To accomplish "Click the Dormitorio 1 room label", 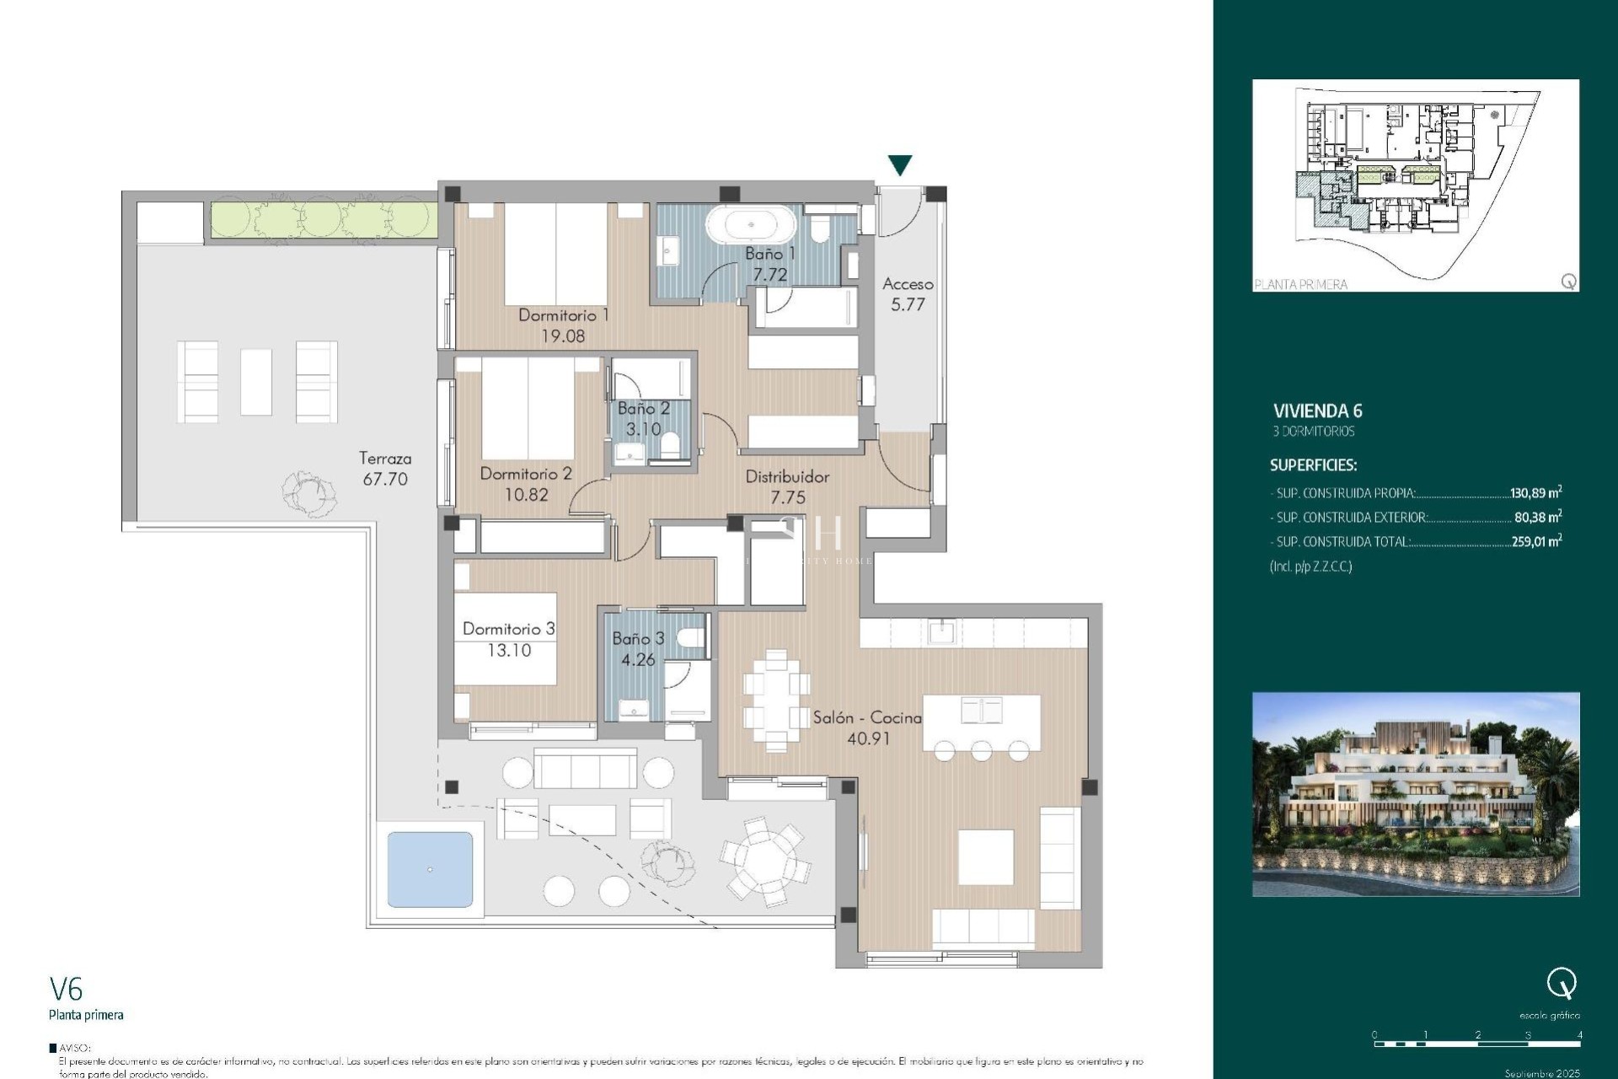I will click(563, 315).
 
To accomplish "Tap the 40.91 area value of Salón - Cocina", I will click(868, 739).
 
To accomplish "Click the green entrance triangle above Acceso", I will click(900, 164).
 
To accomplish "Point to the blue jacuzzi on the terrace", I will click(431, 869).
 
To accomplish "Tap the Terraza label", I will click(385, 459).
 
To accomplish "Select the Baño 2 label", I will click(643, 409).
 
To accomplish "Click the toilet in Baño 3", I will click(691, 638).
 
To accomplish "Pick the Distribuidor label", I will click(787, 477).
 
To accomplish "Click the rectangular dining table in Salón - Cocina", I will click(776, 700).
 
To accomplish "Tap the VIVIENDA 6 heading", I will click(1317, 411).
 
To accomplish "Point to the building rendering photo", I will click(1416, 794).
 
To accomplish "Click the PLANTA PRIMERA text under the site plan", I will click(1300, 285).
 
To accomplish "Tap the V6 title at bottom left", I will click(66, 989).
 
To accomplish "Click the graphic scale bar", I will click(1477, 1044).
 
